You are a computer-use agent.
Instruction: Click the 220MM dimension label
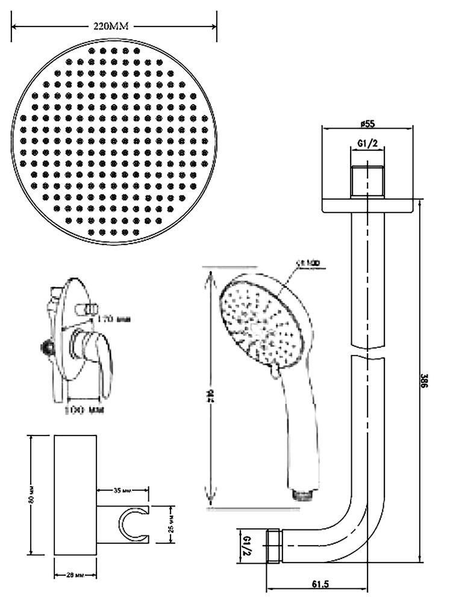coord(113,26)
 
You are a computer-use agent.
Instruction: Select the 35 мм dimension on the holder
coord(122,491)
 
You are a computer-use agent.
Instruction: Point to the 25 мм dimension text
coord(170,521)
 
